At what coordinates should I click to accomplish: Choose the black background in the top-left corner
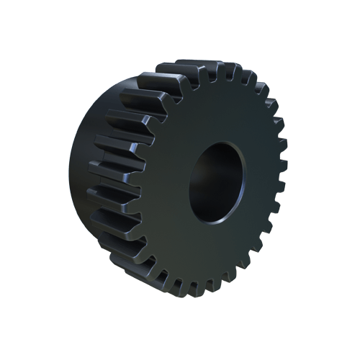click(x=22, y=22)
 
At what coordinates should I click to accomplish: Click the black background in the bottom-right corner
click(x=338, y=338)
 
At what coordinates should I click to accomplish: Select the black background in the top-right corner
click(x=338, y=22)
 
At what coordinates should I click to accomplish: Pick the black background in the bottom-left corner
click(x=22, y=338)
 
